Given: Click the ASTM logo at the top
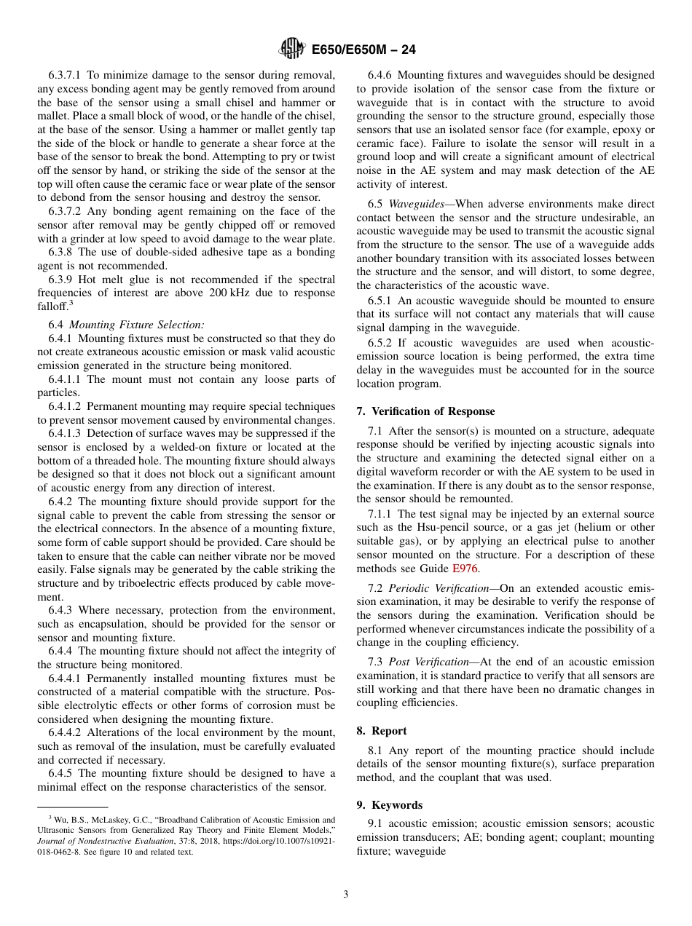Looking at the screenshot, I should coord(291,50).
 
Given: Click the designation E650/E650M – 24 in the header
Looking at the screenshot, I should coord(363,50).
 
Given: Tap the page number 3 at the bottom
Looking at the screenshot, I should coord(346,895).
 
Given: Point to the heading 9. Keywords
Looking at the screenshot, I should coord(390,805).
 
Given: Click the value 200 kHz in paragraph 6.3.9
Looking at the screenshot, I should coord(312,293).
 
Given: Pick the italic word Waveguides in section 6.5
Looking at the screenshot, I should coord(412,205).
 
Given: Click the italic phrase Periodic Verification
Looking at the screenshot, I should coord(439,588).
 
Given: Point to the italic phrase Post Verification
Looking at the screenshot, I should coord(429,662).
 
